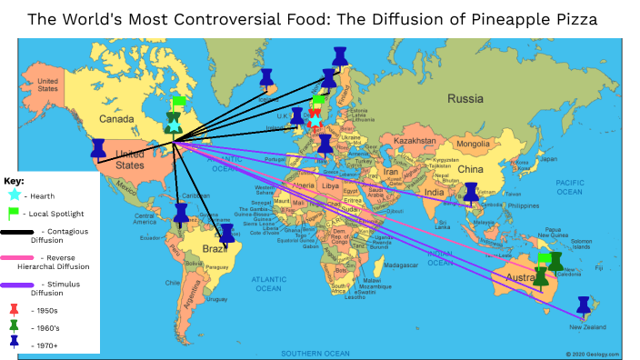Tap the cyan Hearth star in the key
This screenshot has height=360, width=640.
[x=14, y=195]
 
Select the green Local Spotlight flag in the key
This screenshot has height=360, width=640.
[x=14, y=213]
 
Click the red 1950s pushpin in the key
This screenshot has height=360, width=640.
[x=14, y=309]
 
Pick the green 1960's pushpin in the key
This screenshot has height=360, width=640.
[x=14, y=325]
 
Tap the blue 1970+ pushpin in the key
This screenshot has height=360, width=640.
[x=14, y=343]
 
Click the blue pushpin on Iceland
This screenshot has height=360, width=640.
[x=266, y=77]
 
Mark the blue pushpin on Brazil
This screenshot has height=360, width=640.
[x=226, y=233]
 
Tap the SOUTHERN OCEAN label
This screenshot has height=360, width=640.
[x=315, y=352]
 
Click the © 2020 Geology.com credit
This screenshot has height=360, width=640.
[x=592, y=354]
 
